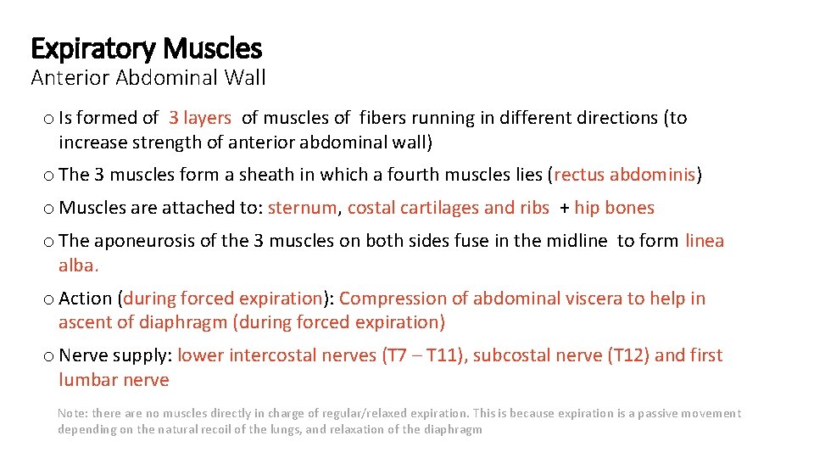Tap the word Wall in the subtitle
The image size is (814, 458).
246,78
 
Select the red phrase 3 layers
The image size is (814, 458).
200,118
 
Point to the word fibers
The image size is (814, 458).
385,118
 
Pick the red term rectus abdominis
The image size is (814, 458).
625,175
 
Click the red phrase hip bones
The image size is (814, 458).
614,208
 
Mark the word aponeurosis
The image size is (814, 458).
144,241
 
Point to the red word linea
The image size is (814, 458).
705,241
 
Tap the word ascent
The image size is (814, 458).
83,322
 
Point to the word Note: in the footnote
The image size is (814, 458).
73,413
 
